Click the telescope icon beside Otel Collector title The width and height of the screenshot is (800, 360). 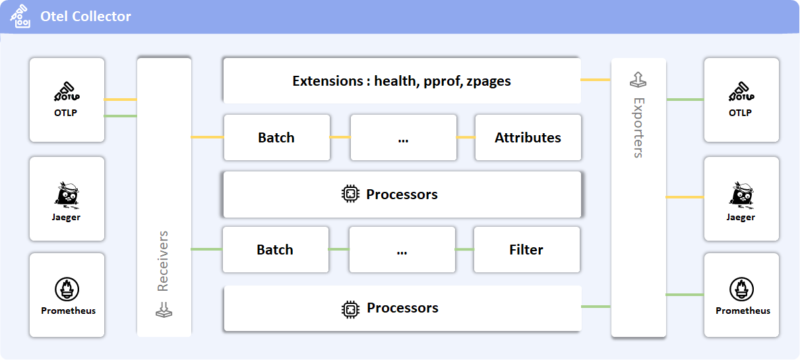click(20, 16)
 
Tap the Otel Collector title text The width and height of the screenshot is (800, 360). click(86, 16)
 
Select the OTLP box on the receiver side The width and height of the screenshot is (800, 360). click(67, 100)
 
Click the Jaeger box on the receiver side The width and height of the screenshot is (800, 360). click(67, 198)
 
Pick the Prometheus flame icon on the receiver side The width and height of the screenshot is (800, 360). click(67, 289)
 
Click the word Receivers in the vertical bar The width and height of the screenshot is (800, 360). click(163, 261)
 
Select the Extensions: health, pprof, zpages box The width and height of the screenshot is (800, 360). click(402, 81)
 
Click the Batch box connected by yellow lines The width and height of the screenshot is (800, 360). click(276, 138)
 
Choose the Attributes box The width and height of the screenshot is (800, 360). click(528, 138)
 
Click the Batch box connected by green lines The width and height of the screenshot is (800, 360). click(275, 250)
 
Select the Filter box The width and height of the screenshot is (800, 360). click(526, 250)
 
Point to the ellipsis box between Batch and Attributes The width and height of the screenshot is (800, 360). click(403, 138)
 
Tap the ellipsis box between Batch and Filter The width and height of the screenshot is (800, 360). click(402, 250)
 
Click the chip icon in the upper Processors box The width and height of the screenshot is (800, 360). click(350, 195)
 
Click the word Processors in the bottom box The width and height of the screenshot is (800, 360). click(402, 308)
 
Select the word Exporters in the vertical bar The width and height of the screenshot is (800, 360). click(638, 128)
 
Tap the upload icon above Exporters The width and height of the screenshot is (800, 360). click(638, 79)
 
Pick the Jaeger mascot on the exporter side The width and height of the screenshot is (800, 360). click(741, 193)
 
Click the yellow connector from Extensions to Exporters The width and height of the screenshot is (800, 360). click(596, 80)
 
